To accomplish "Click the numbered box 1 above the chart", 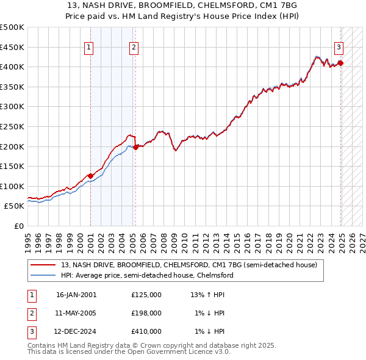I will point(89,47).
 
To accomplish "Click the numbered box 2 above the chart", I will point(134,47).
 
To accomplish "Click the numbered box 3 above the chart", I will point(339,47).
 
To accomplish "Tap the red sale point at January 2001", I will point(90,176).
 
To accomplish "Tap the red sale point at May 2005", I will point(135,147).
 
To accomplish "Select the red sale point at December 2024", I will point(340,63).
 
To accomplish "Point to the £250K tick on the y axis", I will point(12,126).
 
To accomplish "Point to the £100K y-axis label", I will point(12,186).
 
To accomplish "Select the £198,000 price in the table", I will point(146,313).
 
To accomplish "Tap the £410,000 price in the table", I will point(146,332).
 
